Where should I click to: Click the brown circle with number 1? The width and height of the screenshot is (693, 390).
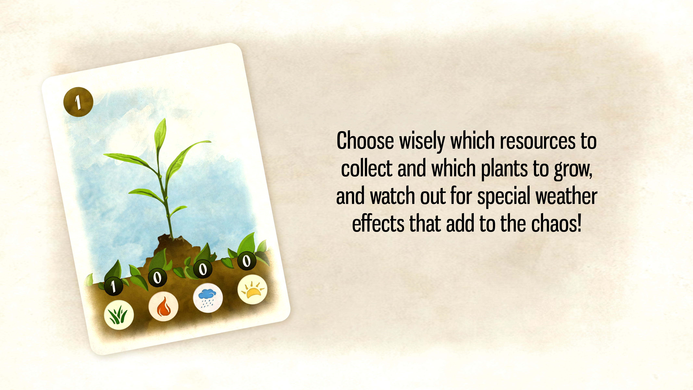coord(78,102)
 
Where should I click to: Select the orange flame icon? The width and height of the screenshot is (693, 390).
coord(163,306)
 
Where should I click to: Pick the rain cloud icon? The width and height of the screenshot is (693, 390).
coord(208,298)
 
